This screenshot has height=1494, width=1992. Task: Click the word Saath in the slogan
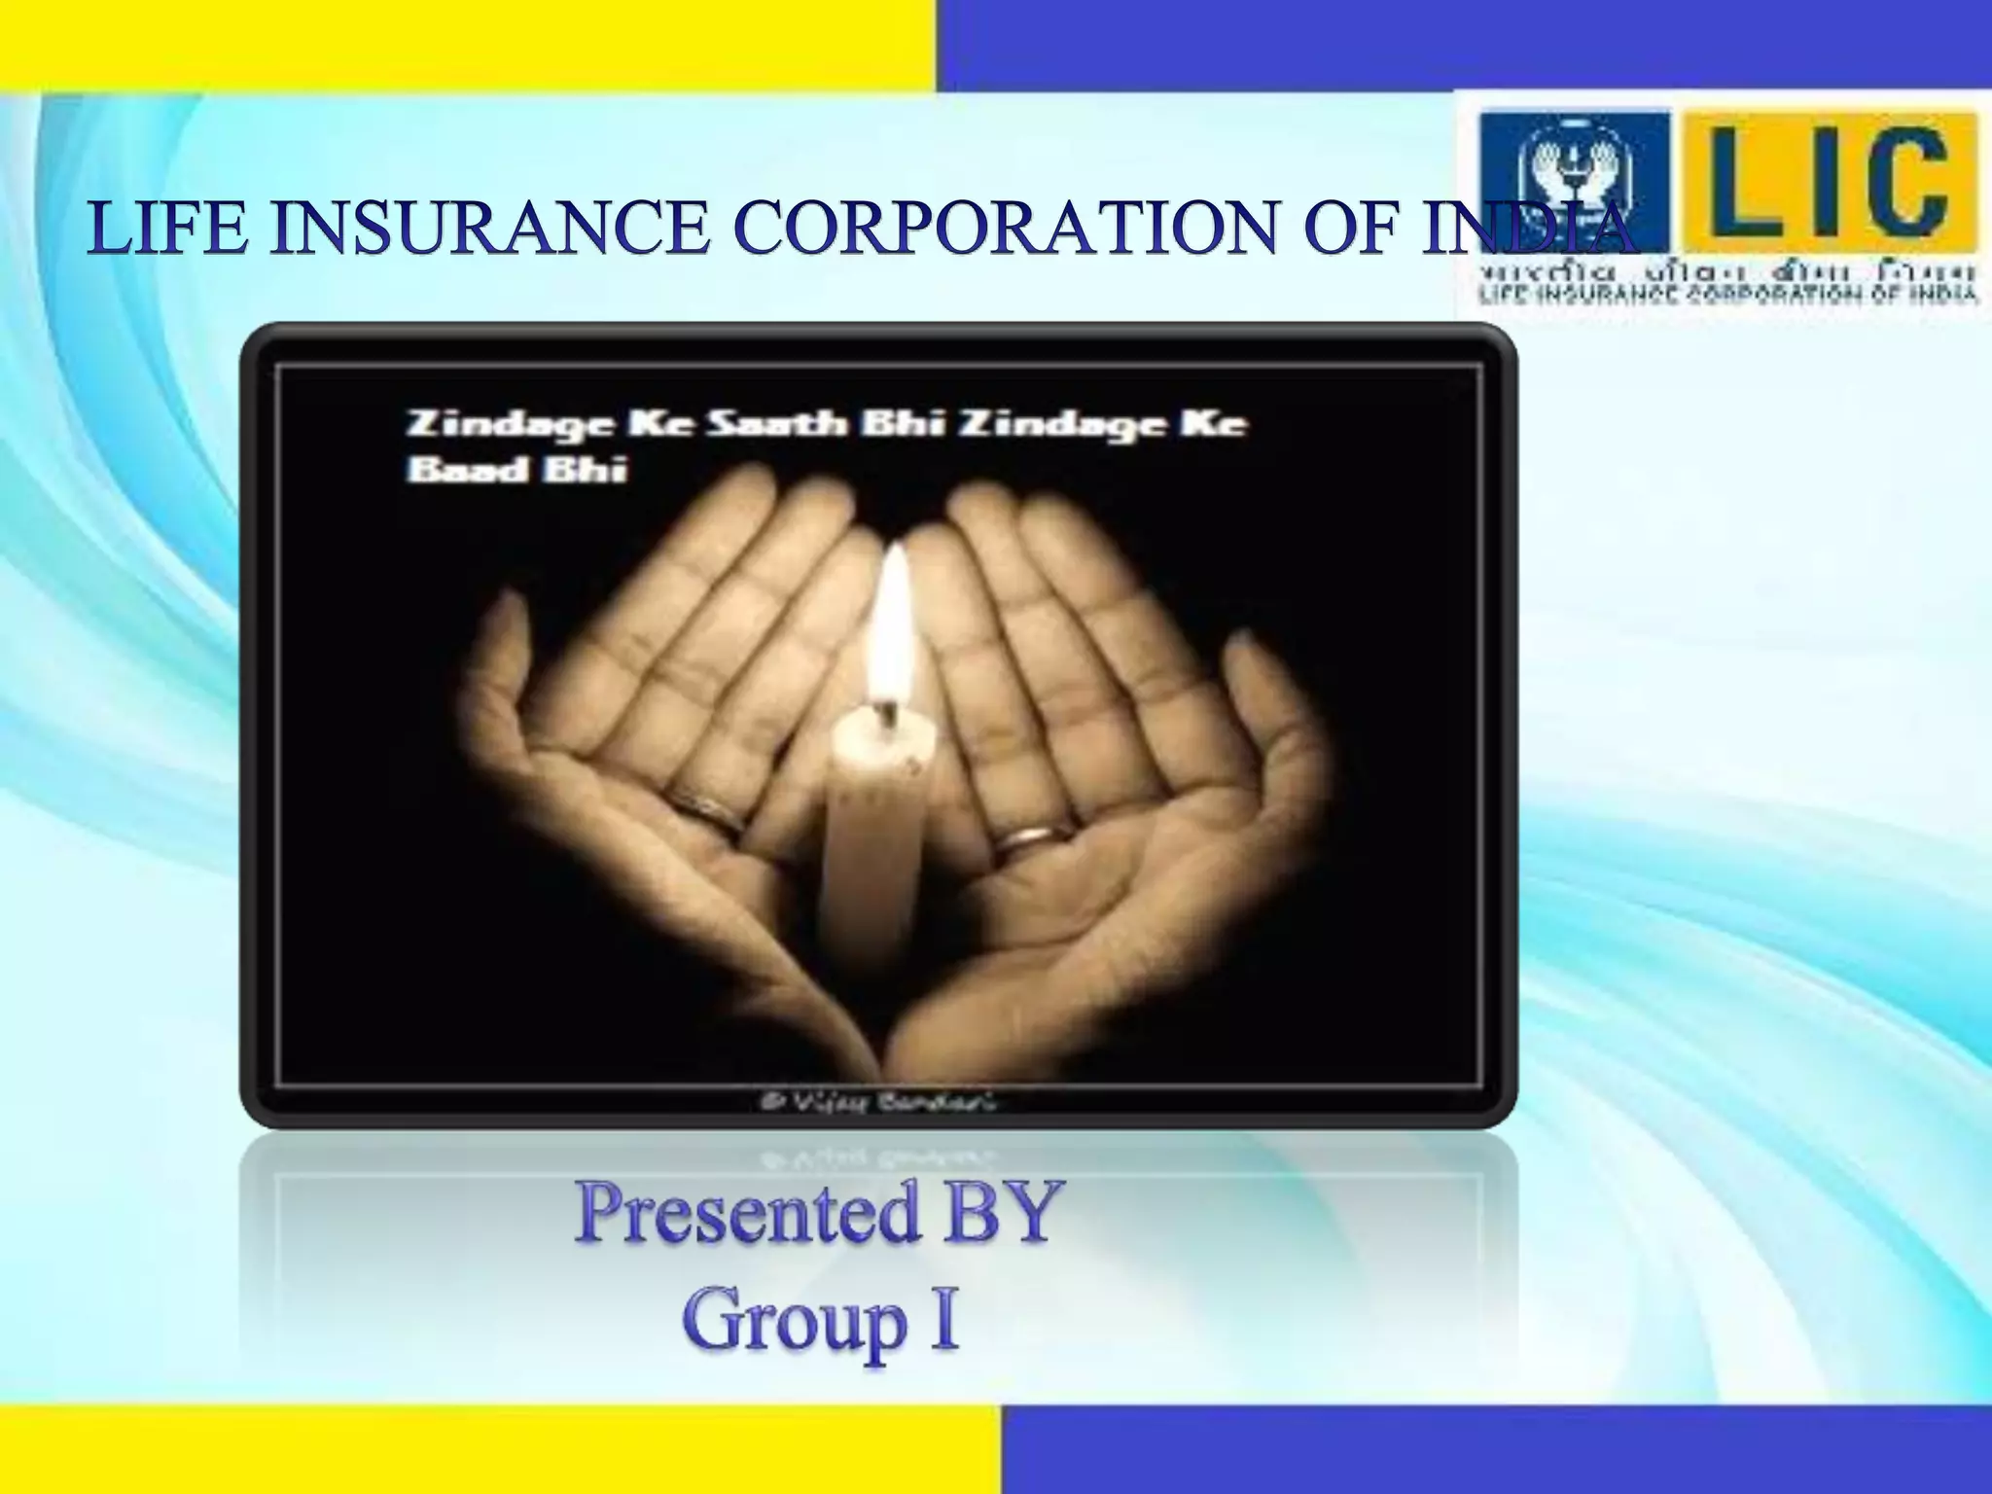pos(772,426)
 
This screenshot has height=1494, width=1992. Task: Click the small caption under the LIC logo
pos(1727,295)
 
